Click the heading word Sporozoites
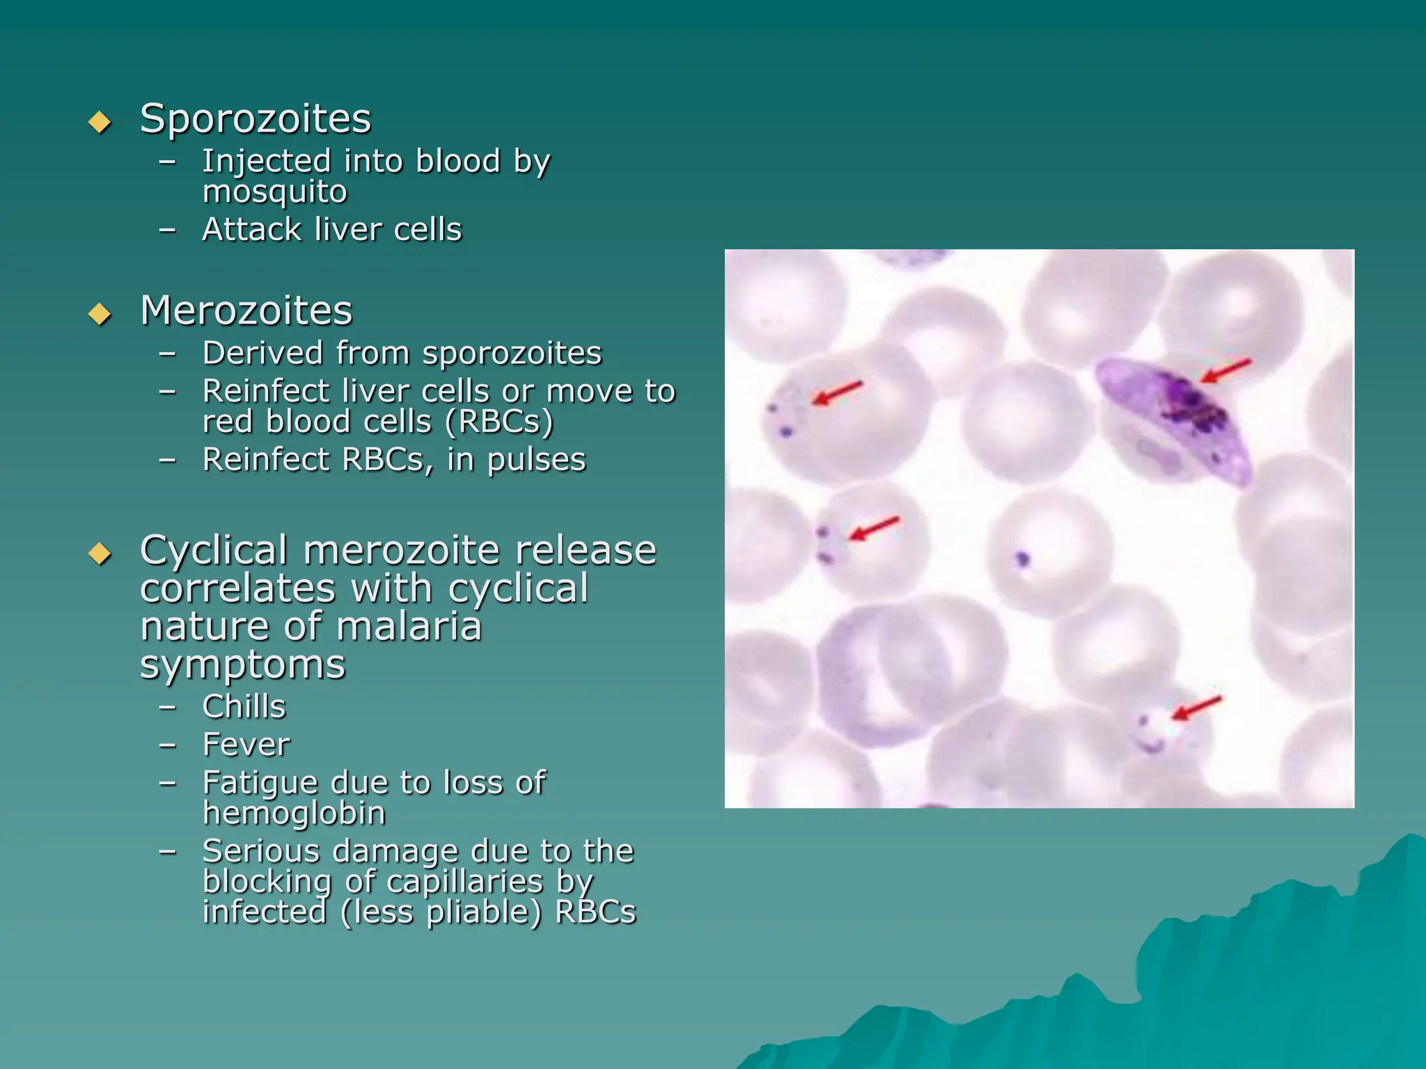click(x=256, y=119)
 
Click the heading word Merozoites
click(x=246, y=310)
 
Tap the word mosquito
click(x=274, y=192)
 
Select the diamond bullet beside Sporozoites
click(x=100, y=122)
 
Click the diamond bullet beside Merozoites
click(x=100, y=314)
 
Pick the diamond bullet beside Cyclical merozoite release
click(x=100, y=554)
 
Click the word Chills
click(x=244, y=706)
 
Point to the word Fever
click(x=246, y=745)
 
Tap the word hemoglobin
click(x=294, y=814)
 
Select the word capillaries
click(x=464, y=882)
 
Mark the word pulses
click(x=536, y=461)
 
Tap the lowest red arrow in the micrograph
click(x=1196, y=708)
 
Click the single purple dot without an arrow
click(x=1021, y=558)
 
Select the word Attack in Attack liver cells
click(x=251, y=230)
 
